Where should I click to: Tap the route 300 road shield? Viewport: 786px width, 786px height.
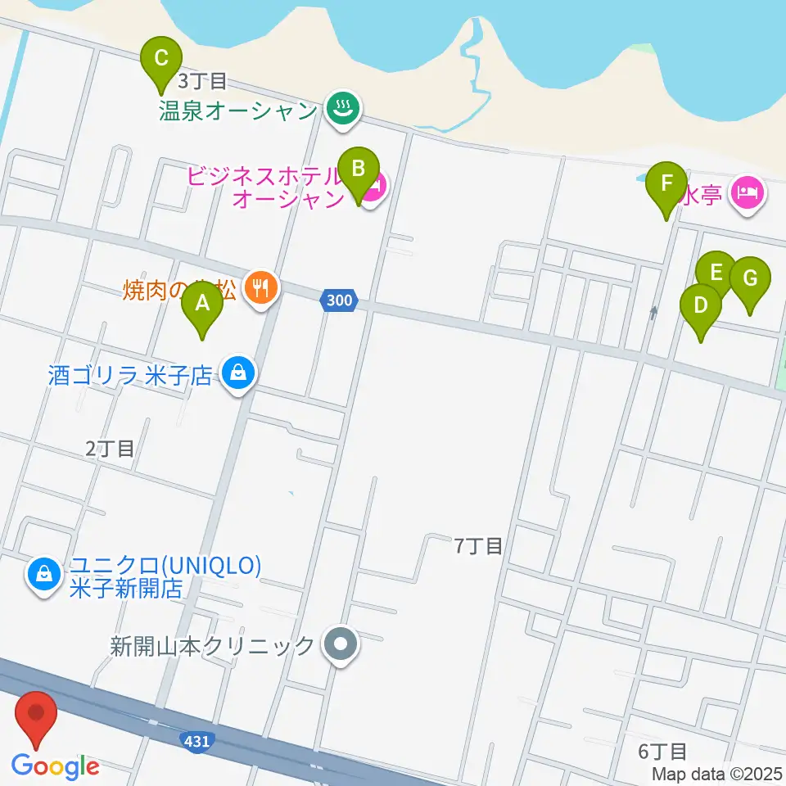click(338, 300)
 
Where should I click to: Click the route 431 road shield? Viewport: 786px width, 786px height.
click(197, 740)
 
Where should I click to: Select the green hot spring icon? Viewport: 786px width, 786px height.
click(341, 109)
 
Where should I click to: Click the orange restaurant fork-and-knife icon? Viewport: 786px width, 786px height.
click(261, 287)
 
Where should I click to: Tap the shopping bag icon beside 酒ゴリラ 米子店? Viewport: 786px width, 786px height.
click(237, 374)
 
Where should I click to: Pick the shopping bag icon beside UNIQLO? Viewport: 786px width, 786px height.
click(43, 575)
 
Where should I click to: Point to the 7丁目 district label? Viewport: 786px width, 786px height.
click(478, 546)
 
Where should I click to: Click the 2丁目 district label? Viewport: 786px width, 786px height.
click(110, 448)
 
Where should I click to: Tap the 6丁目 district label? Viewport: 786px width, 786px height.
click(662, 751)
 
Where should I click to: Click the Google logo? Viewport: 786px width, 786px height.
click(56, 766)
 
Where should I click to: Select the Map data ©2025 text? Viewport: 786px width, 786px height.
click(717, 773)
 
